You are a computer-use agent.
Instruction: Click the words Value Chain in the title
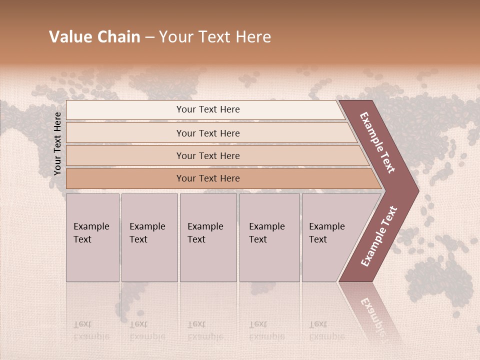[94, 37]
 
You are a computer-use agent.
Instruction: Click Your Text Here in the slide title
[215, 37]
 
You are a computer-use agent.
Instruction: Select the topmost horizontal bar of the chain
[125, 110]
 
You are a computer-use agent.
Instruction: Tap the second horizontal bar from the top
[125, 133]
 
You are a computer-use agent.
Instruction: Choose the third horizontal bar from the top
[125, 155]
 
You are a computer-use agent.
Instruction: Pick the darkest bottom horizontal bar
[125, 178]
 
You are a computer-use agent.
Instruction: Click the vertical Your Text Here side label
[57, 144]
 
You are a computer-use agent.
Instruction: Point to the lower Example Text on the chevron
[379, 236]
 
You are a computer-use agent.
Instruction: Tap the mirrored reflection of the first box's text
[91, 330]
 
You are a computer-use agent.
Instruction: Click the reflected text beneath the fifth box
[326, 330]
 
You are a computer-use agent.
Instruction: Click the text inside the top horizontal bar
[208, 109]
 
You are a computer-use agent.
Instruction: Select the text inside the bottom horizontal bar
[208, 178]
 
